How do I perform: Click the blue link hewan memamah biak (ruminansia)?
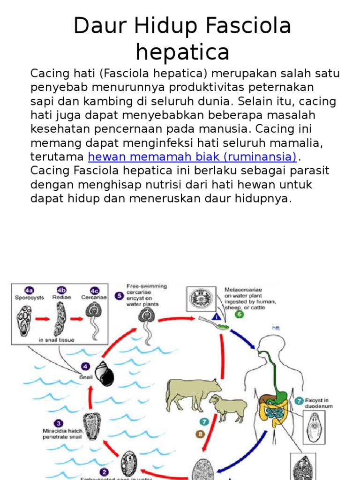(x=192, y=156)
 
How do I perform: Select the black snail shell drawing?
(x=104, y=373)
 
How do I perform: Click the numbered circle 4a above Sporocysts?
(x=29, y=289)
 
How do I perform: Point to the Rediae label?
(x=62, y=297)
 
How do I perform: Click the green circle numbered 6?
(x=240, y=314)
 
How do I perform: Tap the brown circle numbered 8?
(x=201, y=434)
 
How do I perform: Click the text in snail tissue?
(x=56, y=340)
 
